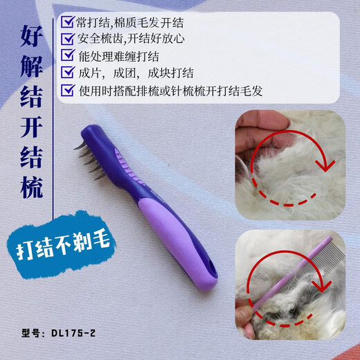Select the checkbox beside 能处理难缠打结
tap(68, 54)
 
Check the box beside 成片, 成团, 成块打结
tap(68, 71)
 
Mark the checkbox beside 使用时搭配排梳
tap(68, 89)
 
